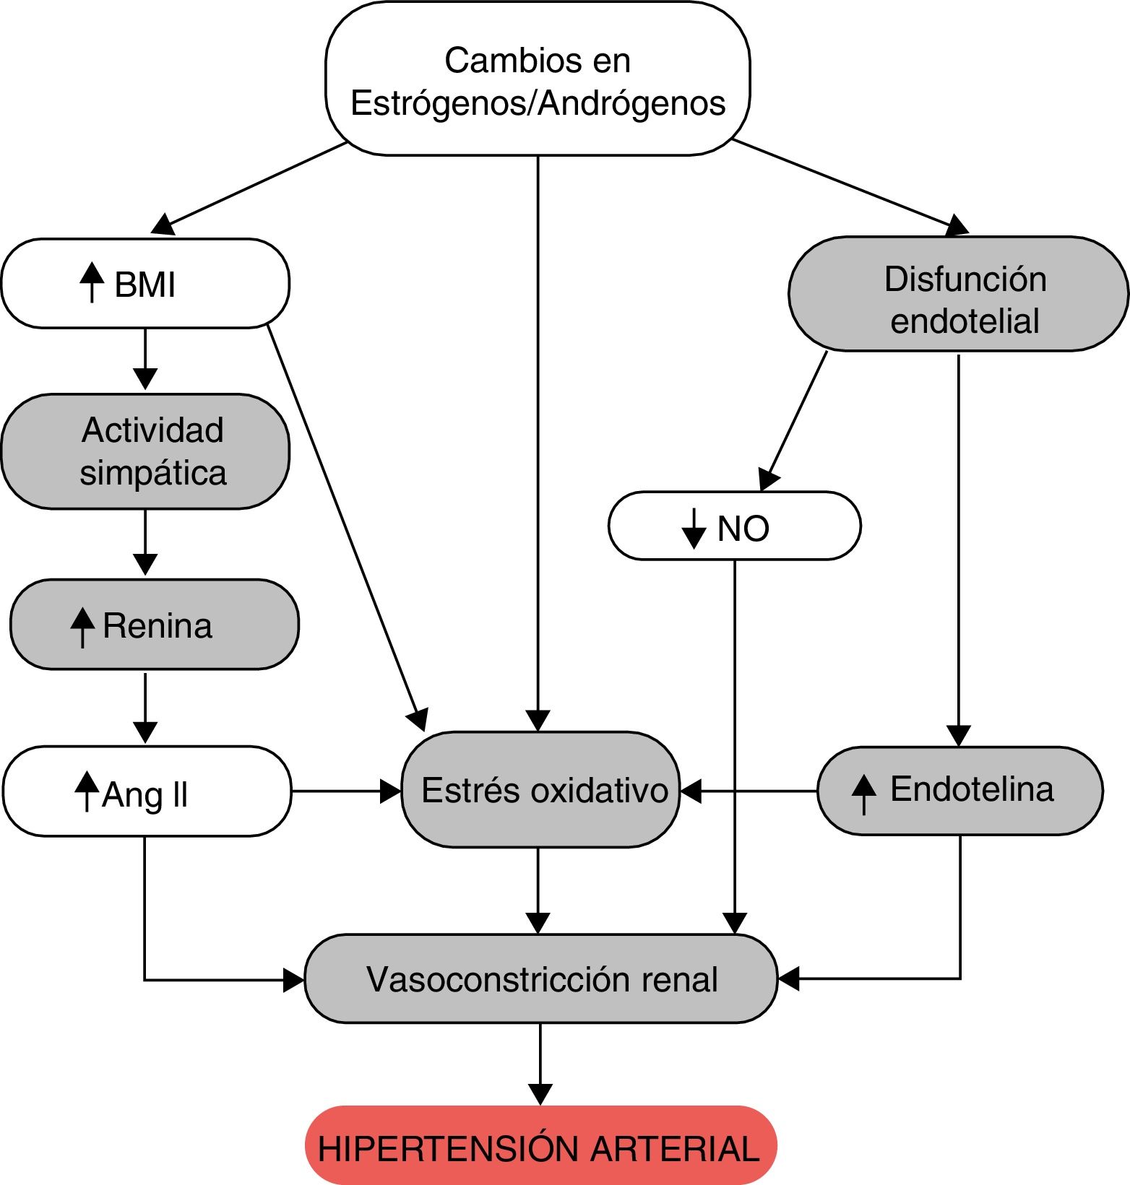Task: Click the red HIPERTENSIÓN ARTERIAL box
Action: pyautogui.click(x=540, y=1145)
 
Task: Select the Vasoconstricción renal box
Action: pyautogui.click(x=540, y=978)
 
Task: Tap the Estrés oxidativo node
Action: pyautogui.click(x=540, y=789)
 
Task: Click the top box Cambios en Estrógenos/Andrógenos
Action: pyautogui.click(x=538, y=79)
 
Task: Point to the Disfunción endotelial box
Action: pyautogui.click(x=958, y=294)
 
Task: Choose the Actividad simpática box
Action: pyautogui.click(x=145, y=451)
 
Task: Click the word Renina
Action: pyautogui.click(x=158, y=625)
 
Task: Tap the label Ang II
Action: pyautogui.click(x=145, y=794)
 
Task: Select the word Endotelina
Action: pyautogui.click(x=972, y=789)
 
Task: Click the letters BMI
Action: pyautogui.click(x=145, y=285)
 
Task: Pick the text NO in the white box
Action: pyautogui.click(x=743, y=529)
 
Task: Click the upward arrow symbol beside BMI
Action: pyautogui.click(x=92, y=282)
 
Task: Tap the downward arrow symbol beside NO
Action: pyautogui.click(x=694, y=528)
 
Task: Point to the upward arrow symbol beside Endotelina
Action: pyautogui.click(x=863, y=794)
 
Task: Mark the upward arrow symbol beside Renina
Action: pyautogui.click(x=83, y=627)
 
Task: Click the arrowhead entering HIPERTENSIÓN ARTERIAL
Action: pyautogui.click(x=540, y=1095)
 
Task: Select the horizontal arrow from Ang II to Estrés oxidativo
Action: pyautogui.click(x=346, y=791)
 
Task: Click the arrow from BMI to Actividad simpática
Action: pyautogui.click(x=145, y=359)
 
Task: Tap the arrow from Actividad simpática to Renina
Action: pyautogui.click(x=145, y=542)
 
